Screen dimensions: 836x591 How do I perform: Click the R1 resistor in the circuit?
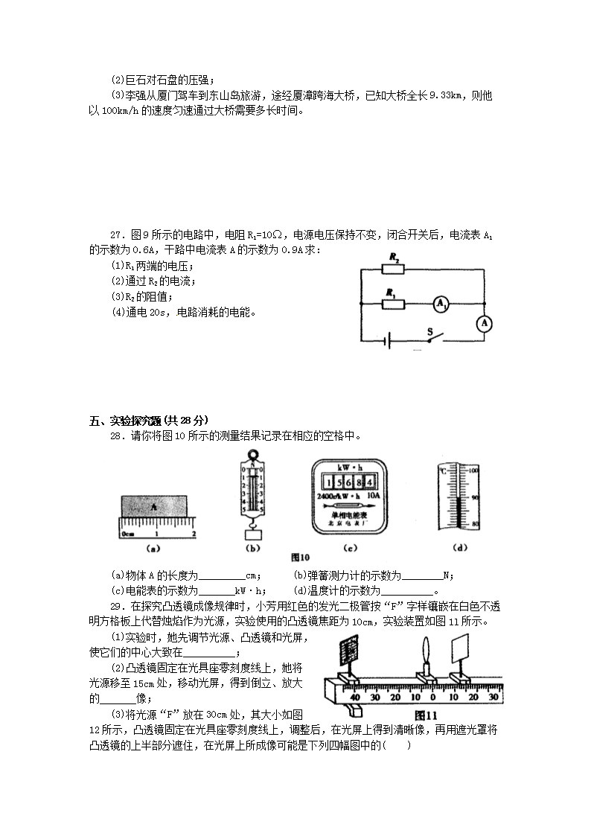(x=393, y=303)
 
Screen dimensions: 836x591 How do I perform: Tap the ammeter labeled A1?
(x=441, y=304)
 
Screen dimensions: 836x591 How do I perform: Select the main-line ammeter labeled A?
(x=485, y=323)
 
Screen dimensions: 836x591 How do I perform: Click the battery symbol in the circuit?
(x=387, y=341)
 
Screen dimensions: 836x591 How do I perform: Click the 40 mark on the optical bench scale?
(x=355, y=697)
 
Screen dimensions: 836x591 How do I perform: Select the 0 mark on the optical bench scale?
(x=433, y=697)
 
